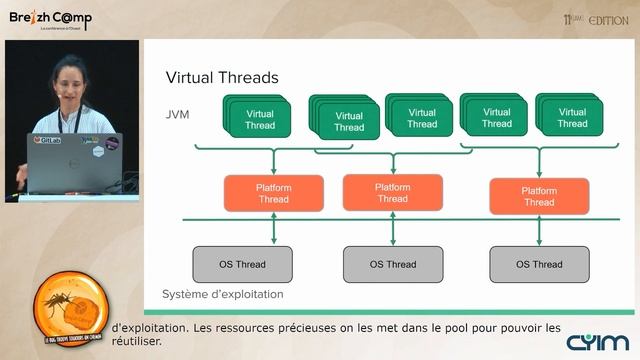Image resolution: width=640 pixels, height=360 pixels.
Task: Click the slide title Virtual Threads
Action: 221,77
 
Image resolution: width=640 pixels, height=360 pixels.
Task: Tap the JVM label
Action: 177,115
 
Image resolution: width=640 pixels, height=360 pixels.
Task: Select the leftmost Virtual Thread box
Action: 259,120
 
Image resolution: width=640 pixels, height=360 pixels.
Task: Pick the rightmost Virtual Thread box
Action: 572,118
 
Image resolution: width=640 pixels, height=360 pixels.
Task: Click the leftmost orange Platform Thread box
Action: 273,193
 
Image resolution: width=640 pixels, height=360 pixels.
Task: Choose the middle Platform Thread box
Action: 391,192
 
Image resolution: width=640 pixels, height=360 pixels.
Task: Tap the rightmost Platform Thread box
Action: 538,196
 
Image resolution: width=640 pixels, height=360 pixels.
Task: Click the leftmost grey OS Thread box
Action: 242,264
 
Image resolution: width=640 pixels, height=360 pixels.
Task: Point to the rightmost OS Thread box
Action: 539,264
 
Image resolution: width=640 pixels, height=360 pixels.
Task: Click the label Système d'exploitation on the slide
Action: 222,295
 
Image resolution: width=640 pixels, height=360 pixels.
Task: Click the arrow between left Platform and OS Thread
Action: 273,229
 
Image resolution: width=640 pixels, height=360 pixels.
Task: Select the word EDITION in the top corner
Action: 608,19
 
